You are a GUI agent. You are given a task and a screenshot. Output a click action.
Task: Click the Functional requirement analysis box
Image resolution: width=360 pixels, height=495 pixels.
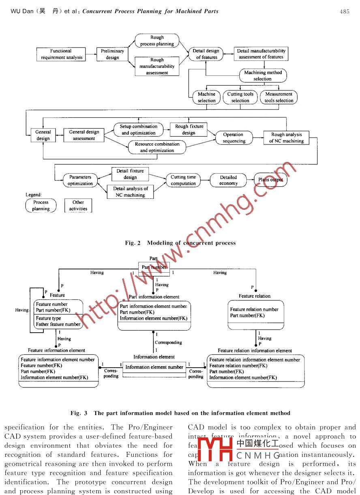(61, 54)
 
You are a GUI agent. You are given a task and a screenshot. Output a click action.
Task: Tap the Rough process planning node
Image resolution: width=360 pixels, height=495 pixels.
(157, 41)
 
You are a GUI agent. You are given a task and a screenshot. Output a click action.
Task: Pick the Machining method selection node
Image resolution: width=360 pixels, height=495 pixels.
(262, 75)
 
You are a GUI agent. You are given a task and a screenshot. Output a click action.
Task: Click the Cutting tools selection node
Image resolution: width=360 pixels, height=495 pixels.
(240, 97)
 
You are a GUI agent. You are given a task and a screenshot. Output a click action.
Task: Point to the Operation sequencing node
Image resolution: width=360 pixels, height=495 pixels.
(234, 138)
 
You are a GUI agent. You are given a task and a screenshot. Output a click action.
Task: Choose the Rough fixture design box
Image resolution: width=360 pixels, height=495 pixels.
(189, 129)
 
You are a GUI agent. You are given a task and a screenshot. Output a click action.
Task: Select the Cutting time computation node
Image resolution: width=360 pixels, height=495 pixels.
(183, 180)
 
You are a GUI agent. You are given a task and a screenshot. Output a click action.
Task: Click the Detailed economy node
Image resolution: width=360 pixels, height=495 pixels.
(228, 180)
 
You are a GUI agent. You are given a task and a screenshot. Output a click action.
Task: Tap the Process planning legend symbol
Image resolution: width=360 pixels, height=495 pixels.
(41, 205)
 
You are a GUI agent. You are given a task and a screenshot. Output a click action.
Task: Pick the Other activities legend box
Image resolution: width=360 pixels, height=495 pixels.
(78, 205)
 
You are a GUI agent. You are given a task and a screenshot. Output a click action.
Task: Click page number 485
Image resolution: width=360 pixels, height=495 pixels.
(344, 11)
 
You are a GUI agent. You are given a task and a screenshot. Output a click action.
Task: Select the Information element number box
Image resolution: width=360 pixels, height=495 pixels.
(154, 367)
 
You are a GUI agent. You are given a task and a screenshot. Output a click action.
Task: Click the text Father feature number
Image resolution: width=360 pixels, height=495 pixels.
(58, 324)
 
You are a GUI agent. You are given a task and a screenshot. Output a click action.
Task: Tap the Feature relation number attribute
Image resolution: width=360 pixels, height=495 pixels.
(254, 310)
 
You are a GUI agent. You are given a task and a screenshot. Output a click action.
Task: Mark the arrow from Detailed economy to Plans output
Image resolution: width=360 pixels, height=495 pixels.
(250, 180)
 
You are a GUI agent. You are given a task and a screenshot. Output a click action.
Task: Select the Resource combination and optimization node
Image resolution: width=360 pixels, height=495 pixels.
(157, 147)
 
